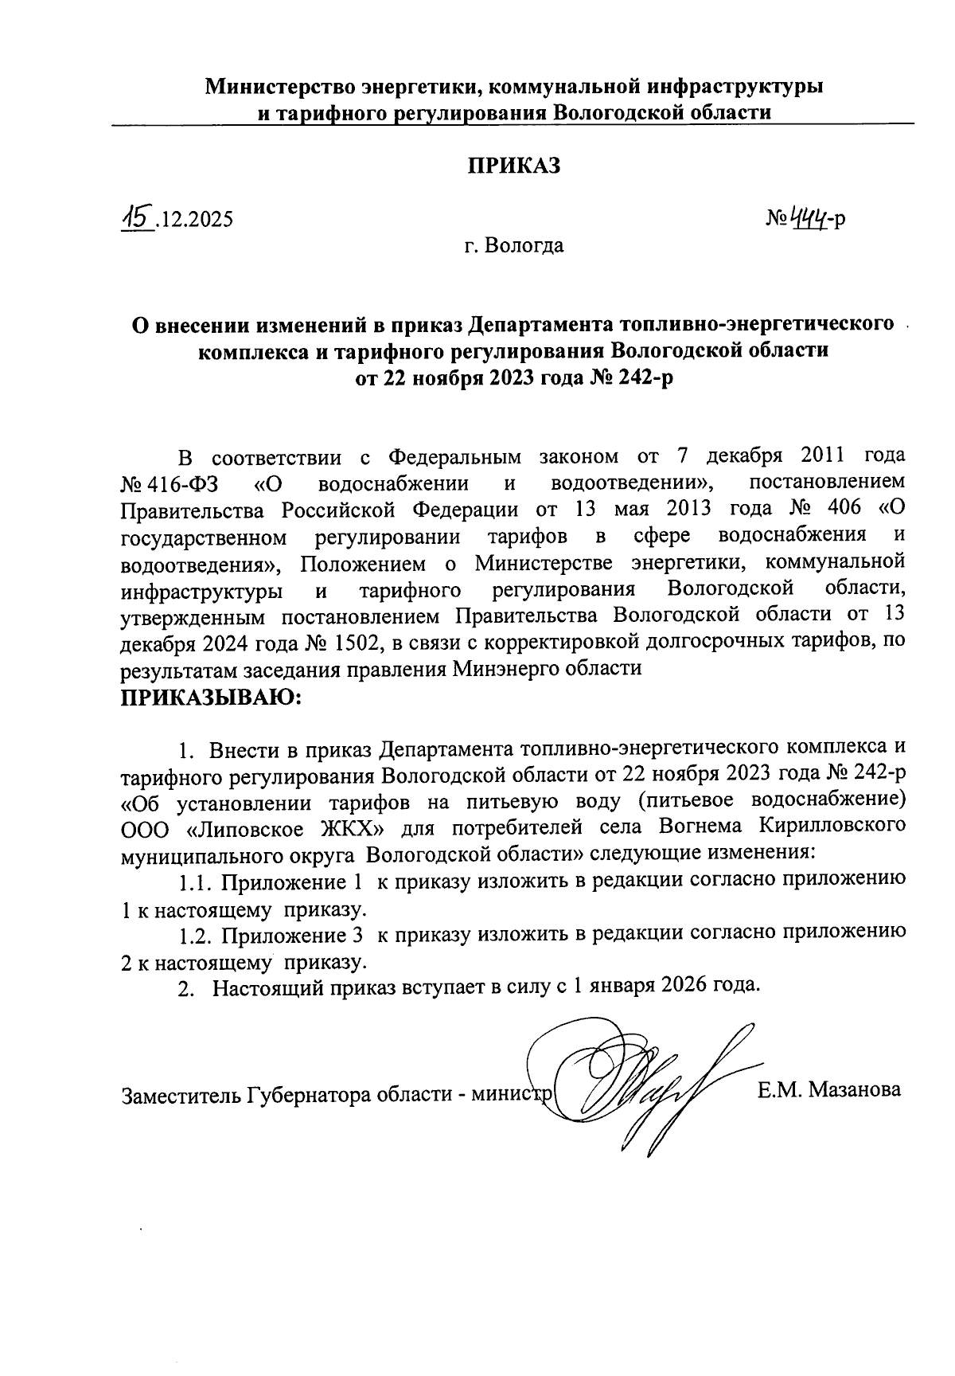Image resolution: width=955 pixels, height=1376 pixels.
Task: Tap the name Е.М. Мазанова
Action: pyautogui.click(x=829, y=1089)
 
